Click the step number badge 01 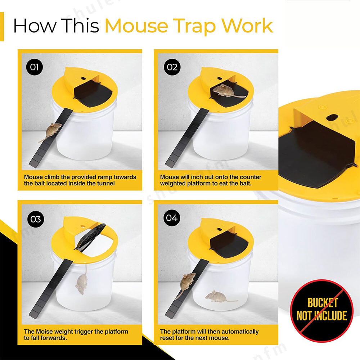coord(35,67)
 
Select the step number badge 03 coord(35,219)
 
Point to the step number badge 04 coord(171,219)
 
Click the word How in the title coord(33,26)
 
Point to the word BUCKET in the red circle coord(323,303)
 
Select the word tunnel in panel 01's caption coord(105,183)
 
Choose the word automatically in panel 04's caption coord(237,332)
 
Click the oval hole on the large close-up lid coord(332,118)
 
